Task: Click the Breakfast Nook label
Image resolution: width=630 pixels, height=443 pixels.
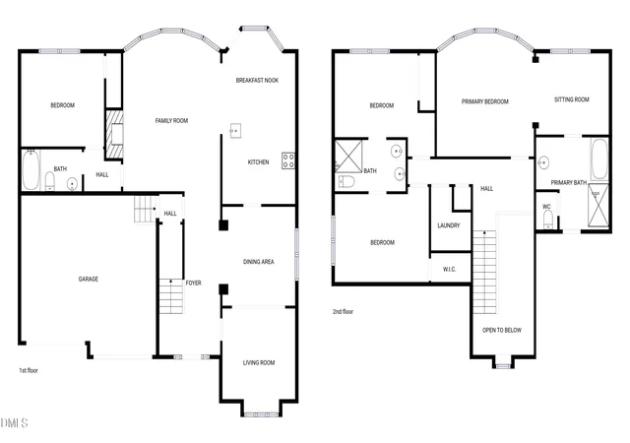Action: coord(257,81)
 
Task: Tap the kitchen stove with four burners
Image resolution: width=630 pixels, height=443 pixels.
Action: coord(288,160)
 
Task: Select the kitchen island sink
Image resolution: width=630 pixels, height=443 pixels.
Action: coord(235,131)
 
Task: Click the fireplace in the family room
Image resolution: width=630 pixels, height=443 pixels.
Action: coord(114,134)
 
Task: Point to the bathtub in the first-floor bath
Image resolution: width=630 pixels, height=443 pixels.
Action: coord(31,169)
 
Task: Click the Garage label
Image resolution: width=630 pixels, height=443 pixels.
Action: coord(89,279)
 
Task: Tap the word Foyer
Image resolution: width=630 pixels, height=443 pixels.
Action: coord(193,283)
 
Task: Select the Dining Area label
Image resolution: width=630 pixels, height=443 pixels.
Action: coord(258,262)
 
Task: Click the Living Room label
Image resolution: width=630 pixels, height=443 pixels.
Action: coord(259,362)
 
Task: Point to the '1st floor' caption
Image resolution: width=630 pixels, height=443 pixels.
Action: coord(29,370)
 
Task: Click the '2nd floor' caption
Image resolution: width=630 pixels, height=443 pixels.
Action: coord(344,311)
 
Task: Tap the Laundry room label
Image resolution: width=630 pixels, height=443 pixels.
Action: coord(449,225)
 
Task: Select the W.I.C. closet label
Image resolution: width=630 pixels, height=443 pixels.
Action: coord(449,269)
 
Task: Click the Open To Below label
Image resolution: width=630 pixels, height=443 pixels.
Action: coord(502,330)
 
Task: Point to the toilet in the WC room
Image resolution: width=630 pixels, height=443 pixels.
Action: coord(548,220)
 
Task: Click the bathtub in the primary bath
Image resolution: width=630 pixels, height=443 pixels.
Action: coord(599,159)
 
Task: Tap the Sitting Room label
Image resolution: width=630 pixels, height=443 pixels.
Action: coord(572,99)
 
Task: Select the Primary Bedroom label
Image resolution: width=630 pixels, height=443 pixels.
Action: coord(485,101)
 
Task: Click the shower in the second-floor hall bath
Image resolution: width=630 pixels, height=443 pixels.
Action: coord(348,156)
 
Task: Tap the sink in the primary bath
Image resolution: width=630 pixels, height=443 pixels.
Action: coord(543,162)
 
